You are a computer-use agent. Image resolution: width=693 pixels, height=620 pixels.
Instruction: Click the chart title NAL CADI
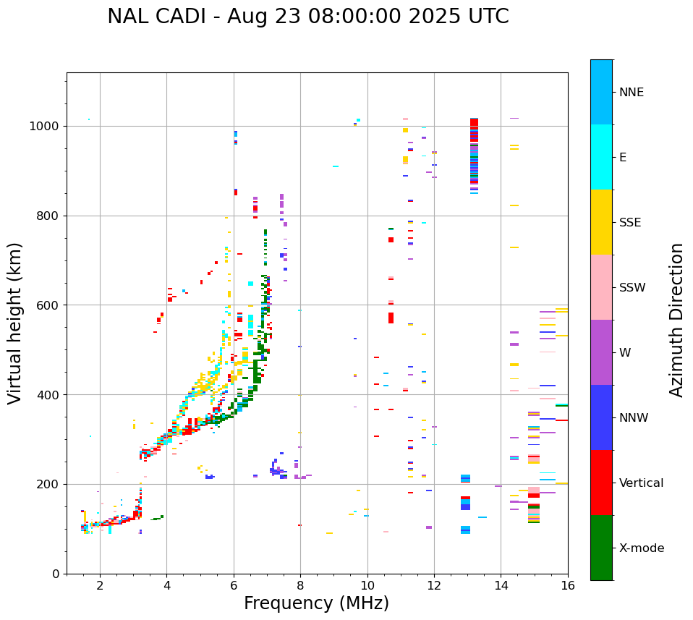pos(163,17)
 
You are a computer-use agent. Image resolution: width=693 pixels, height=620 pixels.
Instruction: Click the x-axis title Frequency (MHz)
pos(316,603)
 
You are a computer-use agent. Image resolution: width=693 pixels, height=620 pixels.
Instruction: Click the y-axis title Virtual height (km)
pos(15,323)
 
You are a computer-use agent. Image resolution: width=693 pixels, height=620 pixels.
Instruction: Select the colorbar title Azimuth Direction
pos(676,320)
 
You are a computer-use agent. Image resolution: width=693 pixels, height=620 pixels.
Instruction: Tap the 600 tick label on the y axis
pos(48,305)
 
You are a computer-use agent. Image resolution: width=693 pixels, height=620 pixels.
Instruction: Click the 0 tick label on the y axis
pos(56,574)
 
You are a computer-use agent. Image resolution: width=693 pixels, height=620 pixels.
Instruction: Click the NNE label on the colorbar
pos(631,93)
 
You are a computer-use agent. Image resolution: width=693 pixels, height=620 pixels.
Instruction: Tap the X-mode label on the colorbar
pos(641,548)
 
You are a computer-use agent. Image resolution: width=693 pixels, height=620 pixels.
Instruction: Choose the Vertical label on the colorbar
pos(641,483)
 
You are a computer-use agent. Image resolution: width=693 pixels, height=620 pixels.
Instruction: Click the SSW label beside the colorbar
pos(632,288)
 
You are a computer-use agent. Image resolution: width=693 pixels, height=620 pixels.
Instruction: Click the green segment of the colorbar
pos(601,548)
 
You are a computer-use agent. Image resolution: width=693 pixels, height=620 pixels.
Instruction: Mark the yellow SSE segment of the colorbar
pos(601,222)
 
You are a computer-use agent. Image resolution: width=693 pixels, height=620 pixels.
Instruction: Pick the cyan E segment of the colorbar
pos(601,157)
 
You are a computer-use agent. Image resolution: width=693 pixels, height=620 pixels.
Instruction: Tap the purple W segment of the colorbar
pos(601,352)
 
